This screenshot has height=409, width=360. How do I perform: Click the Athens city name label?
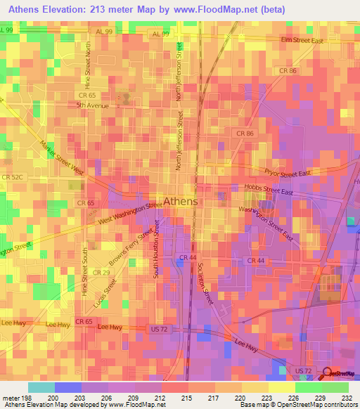tap(180, 201)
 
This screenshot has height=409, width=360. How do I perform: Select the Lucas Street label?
tap(104, 294)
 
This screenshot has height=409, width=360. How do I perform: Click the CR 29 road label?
tap(101, 272)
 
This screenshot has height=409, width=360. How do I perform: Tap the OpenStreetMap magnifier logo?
tap(327, 373)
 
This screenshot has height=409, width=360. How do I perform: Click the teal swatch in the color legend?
tap(41, 387)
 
